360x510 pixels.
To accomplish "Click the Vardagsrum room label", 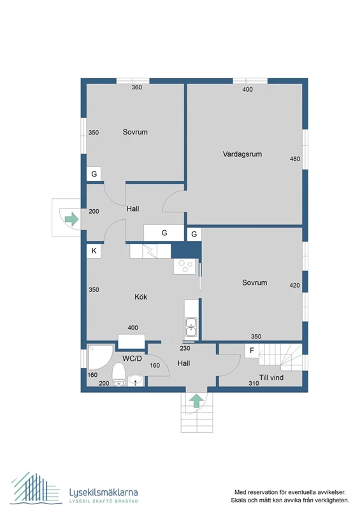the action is (x=242, y=154).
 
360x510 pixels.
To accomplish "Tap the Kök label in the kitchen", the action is (x=141, y=296).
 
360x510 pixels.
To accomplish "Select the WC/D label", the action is (x=132, y=358).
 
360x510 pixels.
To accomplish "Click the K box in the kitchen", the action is (x=94, y=251).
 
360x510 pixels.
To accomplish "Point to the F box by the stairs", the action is (x=252, y=351).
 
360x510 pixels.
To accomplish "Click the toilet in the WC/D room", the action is (x=119, y=375).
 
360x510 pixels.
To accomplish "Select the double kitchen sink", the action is (x=191, y=327).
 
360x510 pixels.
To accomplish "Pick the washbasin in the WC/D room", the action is (x=136, y=380).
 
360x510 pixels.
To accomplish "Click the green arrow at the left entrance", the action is (x=72, y=219).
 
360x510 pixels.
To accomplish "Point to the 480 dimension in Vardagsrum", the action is (x=295, y=159).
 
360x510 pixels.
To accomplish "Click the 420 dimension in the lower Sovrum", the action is (x=294, y=285).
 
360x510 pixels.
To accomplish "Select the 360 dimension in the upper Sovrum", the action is (x=137, y=87).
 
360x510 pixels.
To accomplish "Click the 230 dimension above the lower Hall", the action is (x=185, y=348).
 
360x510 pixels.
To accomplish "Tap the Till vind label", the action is (x=271, y=377).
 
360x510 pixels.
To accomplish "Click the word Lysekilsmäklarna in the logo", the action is (x=103, y=492).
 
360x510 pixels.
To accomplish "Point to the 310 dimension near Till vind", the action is (x=254, y=383).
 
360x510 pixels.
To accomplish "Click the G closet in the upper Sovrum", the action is (x=94, y=174).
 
